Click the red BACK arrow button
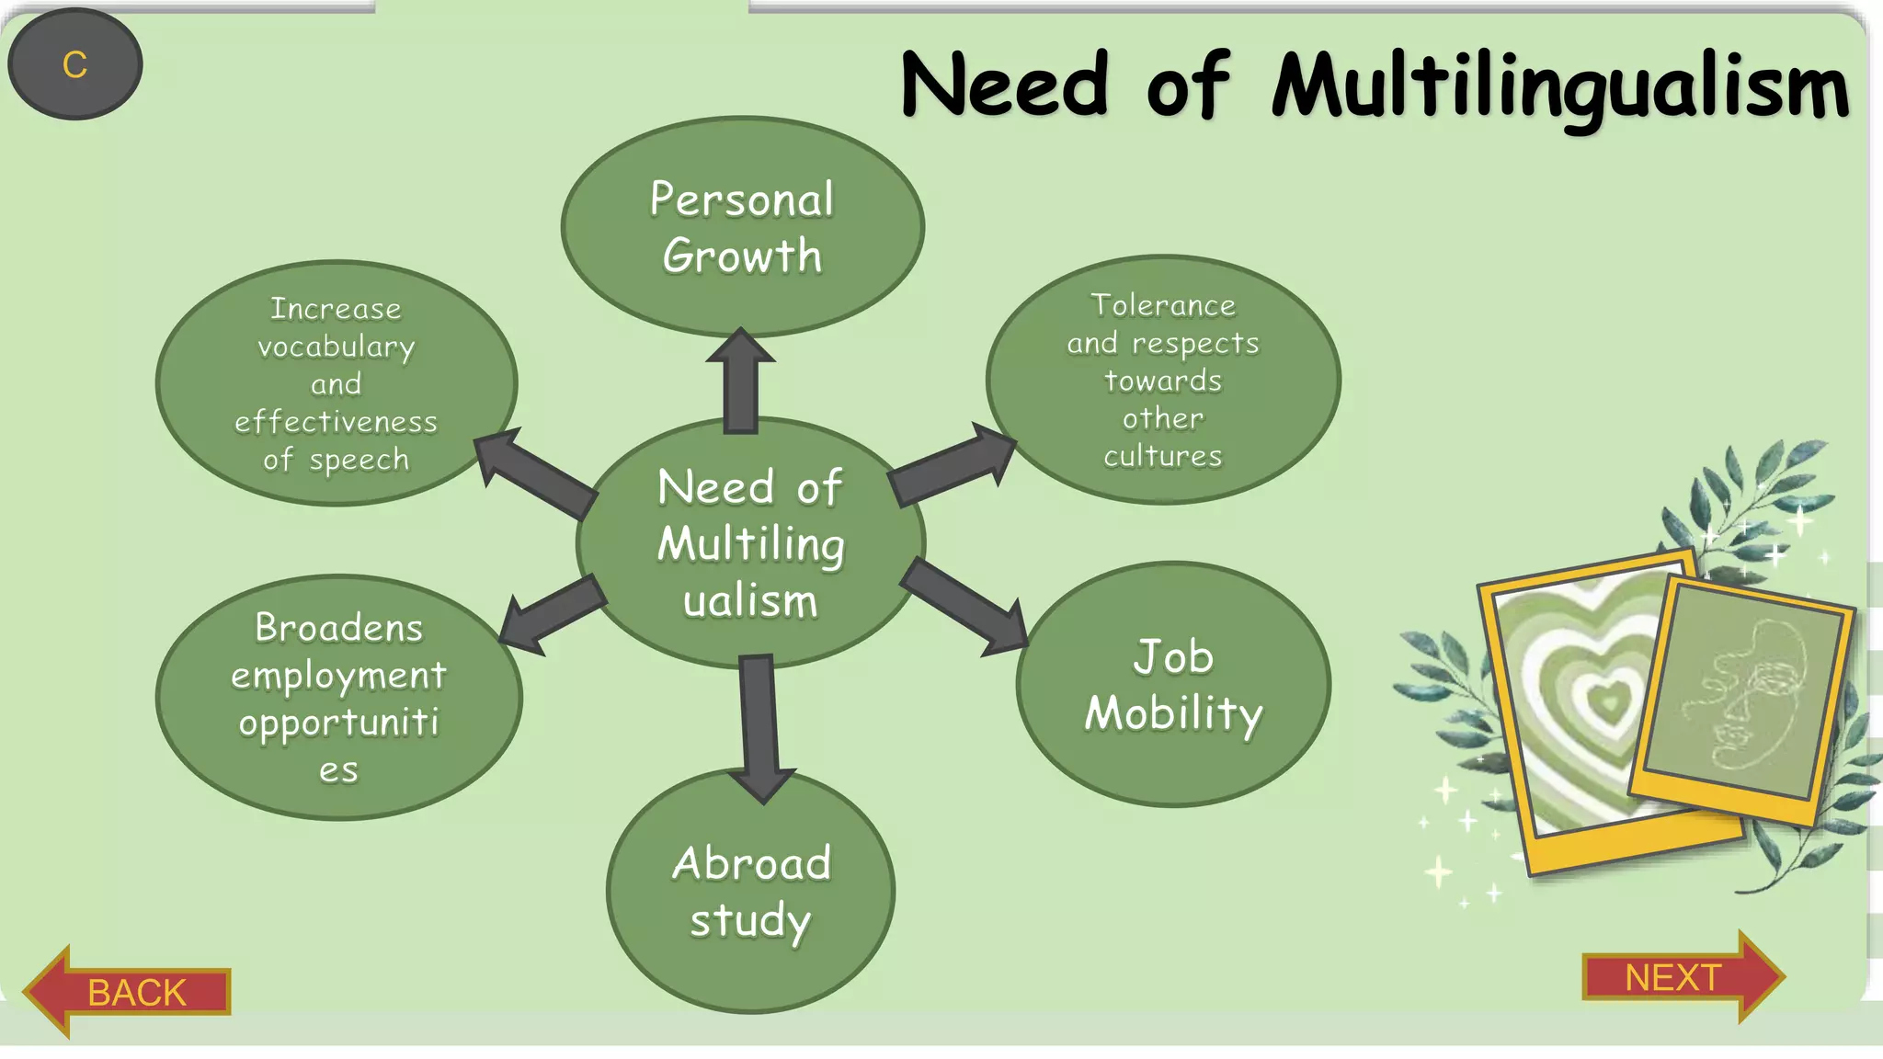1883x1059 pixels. (129, 992)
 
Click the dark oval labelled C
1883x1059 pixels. (74, 64)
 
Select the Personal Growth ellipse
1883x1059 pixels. (742, 227)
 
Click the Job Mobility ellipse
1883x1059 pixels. (1173, 685)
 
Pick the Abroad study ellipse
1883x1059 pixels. (750, 892)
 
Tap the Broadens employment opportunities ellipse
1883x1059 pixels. (338, 698)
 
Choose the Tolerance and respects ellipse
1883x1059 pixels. (1163, 380)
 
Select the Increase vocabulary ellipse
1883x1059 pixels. (336, 383)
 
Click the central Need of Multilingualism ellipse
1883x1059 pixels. (750, 543)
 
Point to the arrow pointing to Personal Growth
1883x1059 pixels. (740, 381)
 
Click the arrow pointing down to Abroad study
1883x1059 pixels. (760, 726)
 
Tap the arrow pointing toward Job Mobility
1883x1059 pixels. (965, 609)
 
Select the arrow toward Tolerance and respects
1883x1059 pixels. (953, 466)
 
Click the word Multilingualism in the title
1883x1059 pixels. (1559, 87)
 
